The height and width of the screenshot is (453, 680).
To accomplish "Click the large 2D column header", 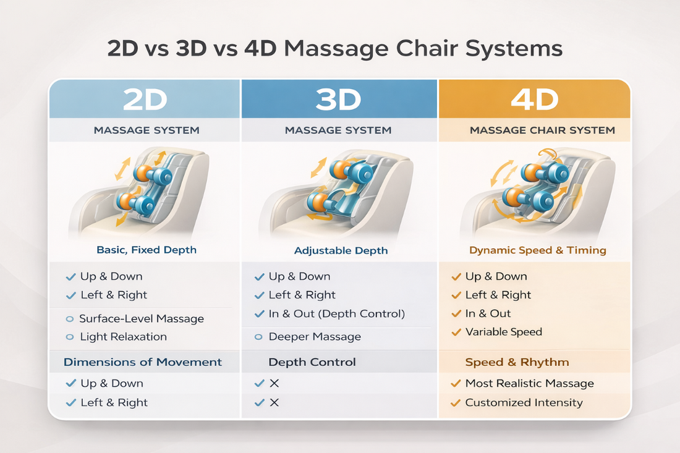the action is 145,99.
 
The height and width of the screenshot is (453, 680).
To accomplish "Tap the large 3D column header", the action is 338,99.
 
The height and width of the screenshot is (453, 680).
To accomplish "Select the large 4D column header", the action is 534,99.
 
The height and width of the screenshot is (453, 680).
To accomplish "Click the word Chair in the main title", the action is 429,48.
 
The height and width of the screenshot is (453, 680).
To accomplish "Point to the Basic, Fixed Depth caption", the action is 147,250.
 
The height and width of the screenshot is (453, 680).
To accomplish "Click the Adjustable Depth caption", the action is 341,251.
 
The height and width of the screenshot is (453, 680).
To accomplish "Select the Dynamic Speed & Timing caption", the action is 538,250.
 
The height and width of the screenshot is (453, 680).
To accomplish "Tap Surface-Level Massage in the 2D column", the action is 142,319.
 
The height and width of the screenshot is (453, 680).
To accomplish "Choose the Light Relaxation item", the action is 124,337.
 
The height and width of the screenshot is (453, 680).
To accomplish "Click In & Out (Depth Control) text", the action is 337,313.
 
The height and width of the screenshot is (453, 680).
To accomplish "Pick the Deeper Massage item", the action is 315,337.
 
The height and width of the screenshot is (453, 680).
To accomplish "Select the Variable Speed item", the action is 503,332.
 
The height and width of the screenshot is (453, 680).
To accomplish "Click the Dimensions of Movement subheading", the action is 143,362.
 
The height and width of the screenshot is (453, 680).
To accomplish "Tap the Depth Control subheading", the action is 312,362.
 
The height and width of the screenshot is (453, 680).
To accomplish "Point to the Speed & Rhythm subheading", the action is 517,362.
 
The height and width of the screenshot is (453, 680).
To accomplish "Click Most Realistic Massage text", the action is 529,383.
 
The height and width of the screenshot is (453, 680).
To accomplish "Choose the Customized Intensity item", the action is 524,402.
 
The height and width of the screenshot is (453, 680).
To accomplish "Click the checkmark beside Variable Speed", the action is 456,332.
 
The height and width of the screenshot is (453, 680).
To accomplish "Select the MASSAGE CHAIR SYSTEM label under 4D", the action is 542,130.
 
